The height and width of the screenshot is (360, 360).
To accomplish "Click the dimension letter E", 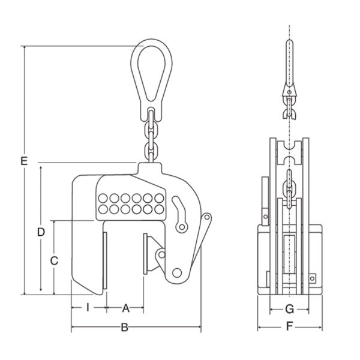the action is (x=24, y=161).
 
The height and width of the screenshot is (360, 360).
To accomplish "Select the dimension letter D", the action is (x=41, y=232).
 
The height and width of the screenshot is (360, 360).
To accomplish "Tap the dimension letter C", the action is (x=54, y=261).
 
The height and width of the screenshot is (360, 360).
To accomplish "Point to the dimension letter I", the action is (x=88, y=307).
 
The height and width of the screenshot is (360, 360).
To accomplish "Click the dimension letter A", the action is (x=125, y=308).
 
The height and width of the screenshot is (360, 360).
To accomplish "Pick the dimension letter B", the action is (x=124, y=328).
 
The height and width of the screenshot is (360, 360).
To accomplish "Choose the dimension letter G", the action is (x=290, y=309).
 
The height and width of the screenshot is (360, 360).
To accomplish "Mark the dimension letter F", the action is (x=290, y=326).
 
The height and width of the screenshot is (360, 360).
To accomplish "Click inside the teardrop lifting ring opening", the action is (x=151, y=71).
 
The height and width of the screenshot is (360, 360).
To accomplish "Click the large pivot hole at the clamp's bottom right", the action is (x=177, y=273).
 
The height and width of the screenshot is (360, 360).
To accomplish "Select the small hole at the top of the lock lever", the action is (x=206, y=217).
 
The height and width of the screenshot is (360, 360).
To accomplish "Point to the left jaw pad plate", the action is (x=105, y=261).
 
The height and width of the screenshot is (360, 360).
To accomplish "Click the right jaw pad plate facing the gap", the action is (x=145, y=254).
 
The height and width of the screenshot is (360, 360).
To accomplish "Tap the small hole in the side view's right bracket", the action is (x=312, y=279).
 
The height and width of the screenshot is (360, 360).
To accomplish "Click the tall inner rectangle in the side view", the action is (x=289, y=254).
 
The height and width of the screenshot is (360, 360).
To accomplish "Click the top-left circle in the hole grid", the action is (x=103, y=199).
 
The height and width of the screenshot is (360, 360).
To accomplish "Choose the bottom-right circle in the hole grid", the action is (x=159, y=209).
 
